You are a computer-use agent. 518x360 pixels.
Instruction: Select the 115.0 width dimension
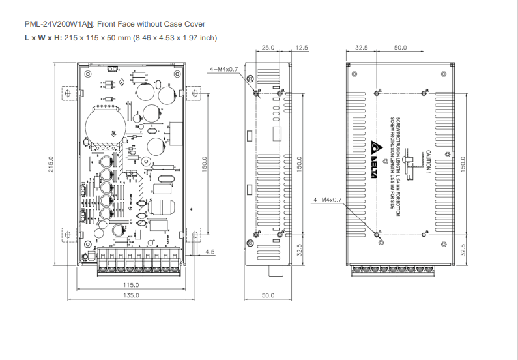point(132,285)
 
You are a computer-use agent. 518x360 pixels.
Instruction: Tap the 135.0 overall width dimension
point(132,295)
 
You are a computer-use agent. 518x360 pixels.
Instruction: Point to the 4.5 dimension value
point(210,252)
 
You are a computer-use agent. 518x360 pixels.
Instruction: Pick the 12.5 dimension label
point(301,48)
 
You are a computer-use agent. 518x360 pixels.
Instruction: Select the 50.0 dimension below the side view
point(268,295)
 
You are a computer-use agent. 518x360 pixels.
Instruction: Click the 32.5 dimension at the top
point(362,48)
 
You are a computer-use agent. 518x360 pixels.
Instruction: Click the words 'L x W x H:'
point(42,37)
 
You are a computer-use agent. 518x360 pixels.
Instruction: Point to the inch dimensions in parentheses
point(175,37)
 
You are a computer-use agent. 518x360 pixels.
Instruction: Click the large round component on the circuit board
point(104,123)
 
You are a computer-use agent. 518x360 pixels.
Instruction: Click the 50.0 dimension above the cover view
point(400,48)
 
